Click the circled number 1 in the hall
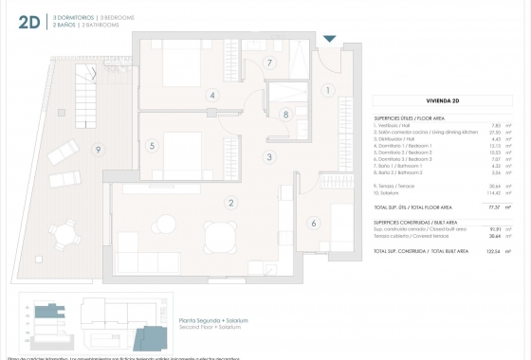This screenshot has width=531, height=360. (x=327, y=91)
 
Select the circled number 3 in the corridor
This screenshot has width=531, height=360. (x=269, y=157)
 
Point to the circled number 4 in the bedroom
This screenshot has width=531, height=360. (x=212, y=96)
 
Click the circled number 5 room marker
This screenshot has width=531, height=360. (x=152, y=146)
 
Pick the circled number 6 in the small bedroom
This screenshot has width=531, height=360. (x=314, y=224)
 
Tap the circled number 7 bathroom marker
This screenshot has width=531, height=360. (x=269, y=63)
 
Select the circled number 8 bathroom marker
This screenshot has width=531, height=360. (x=285, y=115)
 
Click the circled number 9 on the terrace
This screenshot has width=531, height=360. (x=97, y=150)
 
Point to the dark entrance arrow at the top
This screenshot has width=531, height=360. (x=329, y=39)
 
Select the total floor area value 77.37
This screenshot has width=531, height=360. (x=493, y=206)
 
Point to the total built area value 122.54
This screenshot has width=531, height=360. (x=492, y=251)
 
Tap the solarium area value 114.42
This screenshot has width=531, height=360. (x=492, y=192)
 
